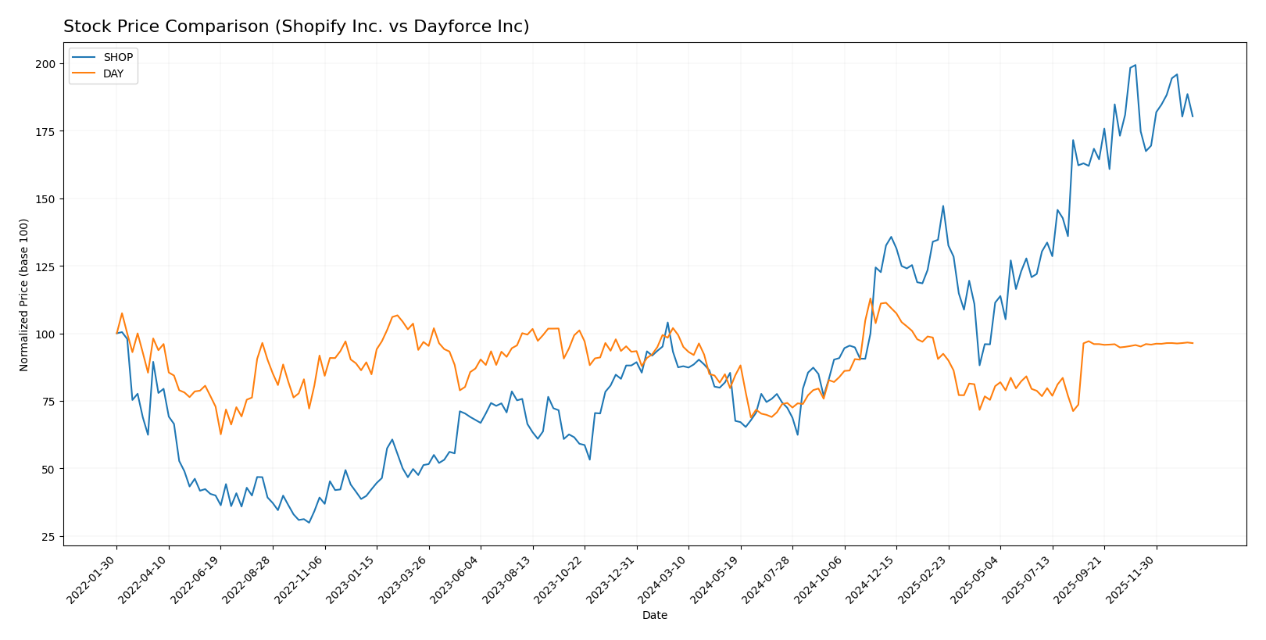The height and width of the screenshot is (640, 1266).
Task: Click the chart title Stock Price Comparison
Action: coord(296,27)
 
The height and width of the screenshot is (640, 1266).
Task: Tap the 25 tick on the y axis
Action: coord(48,537)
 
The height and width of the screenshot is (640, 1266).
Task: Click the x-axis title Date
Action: coord(654,616)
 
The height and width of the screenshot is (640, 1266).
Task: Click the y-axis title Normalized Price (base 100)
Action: coord(24,295)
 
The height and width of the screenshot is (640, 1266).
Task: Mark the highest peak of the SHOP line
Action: coord(1135,65)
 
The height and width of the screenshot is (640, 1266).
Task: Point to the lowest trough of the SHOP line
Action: coord(309,523)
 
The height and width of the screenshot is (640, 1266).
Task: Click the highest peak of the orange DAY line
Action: coord(870,299)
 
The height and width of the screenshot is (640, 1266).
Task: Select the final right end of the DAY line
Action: coord(1193,343)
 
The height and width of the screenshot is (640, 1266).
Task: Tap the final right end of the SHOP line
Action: coord(1193,116)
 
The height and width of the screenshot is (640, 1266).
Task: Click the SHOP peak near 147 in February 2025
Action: coord(943,206)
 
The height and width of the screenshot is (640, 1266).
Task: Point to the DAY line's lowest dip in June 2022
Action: coord(220,434)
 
